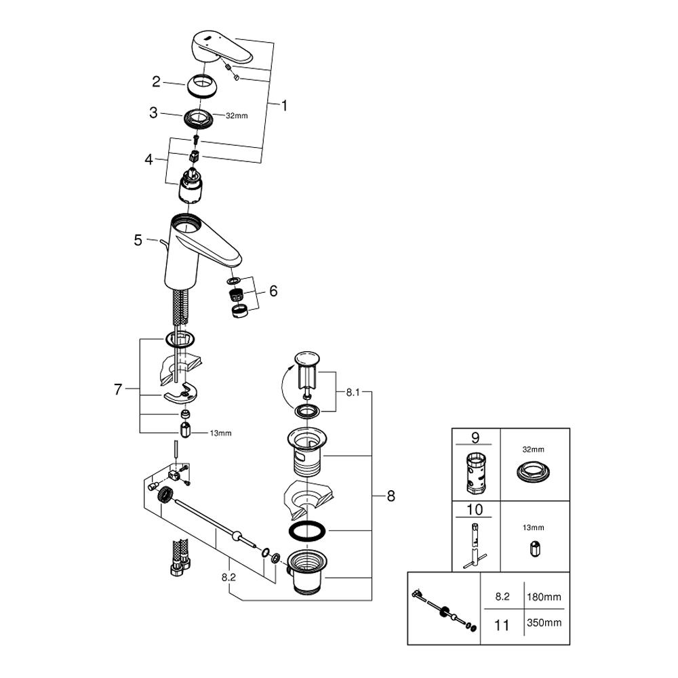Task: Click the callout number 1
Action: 285,106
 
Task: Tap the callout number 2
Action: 156,82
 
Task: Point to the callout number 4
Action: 149,160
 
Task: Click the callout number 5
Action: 138,239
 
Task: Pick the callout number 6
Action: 273,291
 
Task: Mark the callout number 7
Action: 119,389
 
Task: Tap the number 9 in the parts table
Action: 475,438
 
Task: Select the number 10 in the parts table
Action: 475,509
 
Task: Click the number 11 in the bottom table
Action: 502,624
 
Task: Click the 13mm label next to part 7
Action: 221,432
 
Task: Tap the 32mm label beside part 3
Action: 237,116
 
